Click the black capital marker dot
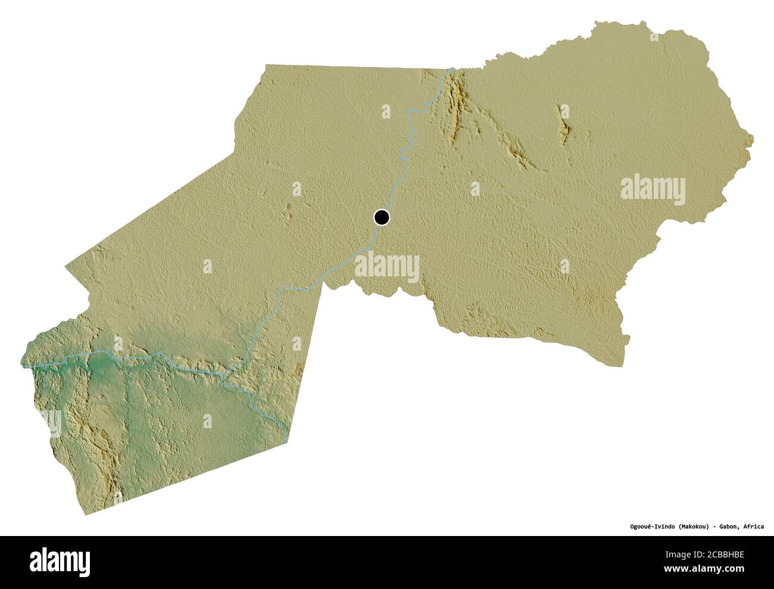pyautogui.click(x=381, y=217)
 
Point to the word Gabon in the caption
pyautogui.click(x=730, y=526)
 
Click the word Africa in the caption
pyautogui.click(x=754, y=526)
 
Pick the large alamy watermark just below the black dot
pyautogui.click(x=387, y=266)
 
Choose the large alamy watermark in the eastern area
pyautogui.click(x=653, y=189)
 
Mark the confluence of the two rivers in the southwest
pyautogui.click(x=223, y=374)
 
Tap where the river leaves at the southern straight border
pyautogui.click(x=287, y=440)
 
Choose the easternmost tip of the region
pyautogui.click(x=753, y=141)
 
